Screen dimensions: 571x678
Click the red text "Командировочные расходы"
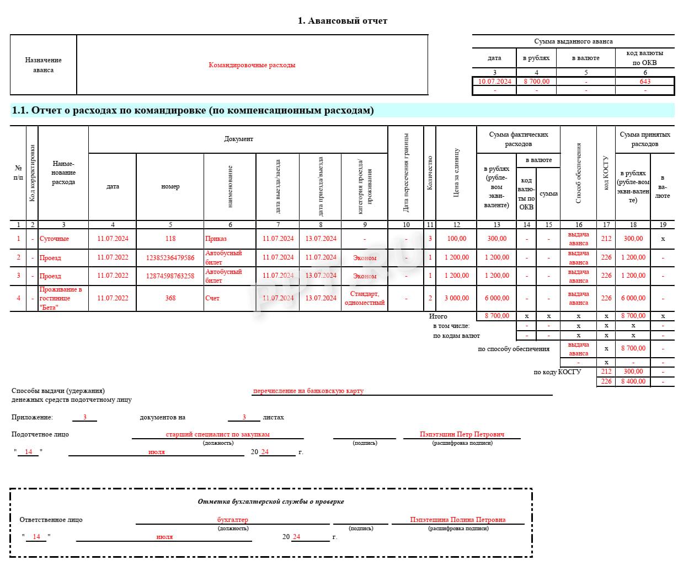252,65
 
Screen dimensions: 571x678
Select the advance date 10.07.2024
494,82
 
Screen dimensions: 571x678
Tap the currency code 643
645,82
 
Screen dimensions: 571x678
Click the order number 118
170,239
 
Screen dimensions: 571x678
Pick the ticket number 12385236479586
170,258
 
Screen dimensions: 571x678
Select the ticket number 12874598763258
170,276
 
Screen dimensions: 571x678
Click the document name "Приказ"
216,239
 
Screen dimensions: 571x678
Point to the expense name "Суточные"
54,239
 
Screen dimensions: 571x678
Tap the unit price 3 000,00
456,298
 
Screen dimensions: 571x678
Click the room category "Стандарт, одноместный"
364,298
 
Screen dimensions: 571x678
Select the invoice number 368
170,298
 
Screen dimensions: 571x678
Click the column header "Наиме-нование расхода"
63,173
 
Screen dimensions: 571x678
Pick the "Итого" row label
438,316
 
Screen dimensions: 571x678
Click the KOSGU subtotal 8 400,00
633,381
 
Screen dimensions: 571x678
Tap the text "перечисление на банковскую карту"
308,391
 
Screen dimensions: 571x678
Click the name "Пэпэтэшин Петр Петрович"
462,434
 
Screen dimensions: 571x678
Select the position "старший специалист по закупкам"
217,434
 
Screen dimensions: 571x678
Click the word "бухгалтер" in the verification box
232,520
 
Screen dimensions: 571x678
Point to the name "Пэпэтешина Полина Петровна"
457,520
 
